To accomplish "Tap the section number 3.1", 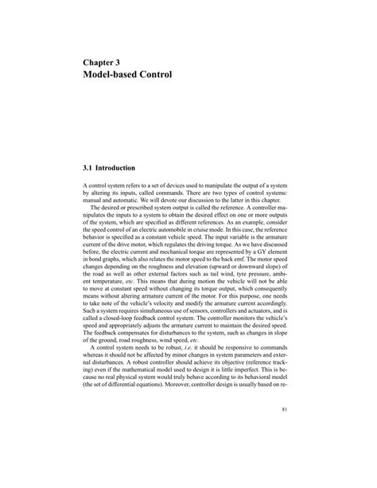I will coord(89,169).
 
